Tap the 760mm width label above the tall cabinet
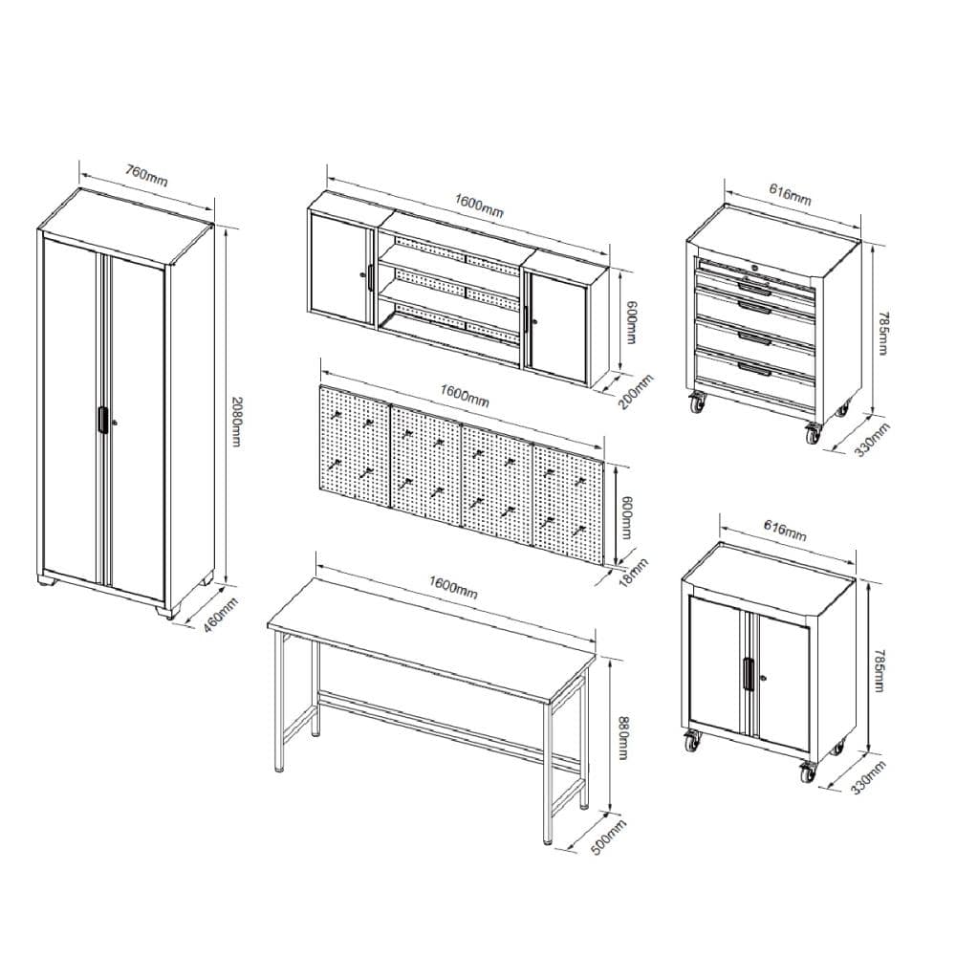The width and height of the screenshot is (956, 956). [146, 175]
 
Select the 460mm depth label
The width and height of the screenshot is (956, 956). [220, 615]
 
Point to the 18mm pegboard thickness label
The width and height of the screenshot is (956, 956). [634, 572]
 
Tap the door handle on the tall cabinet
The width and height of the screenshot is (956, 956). [102, 420]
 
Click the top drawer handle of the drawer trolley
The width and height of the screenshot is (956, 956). [754, 285]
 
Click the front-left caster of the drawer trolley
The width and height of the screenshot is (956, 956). [697, 403]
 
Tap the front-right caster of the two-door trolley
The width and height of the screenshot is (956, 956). [807, 772]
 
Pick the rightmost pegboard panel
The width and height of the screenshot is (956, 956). [568, 504]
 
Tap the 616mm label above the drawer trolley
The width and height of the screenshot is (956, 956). [790, 194]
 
